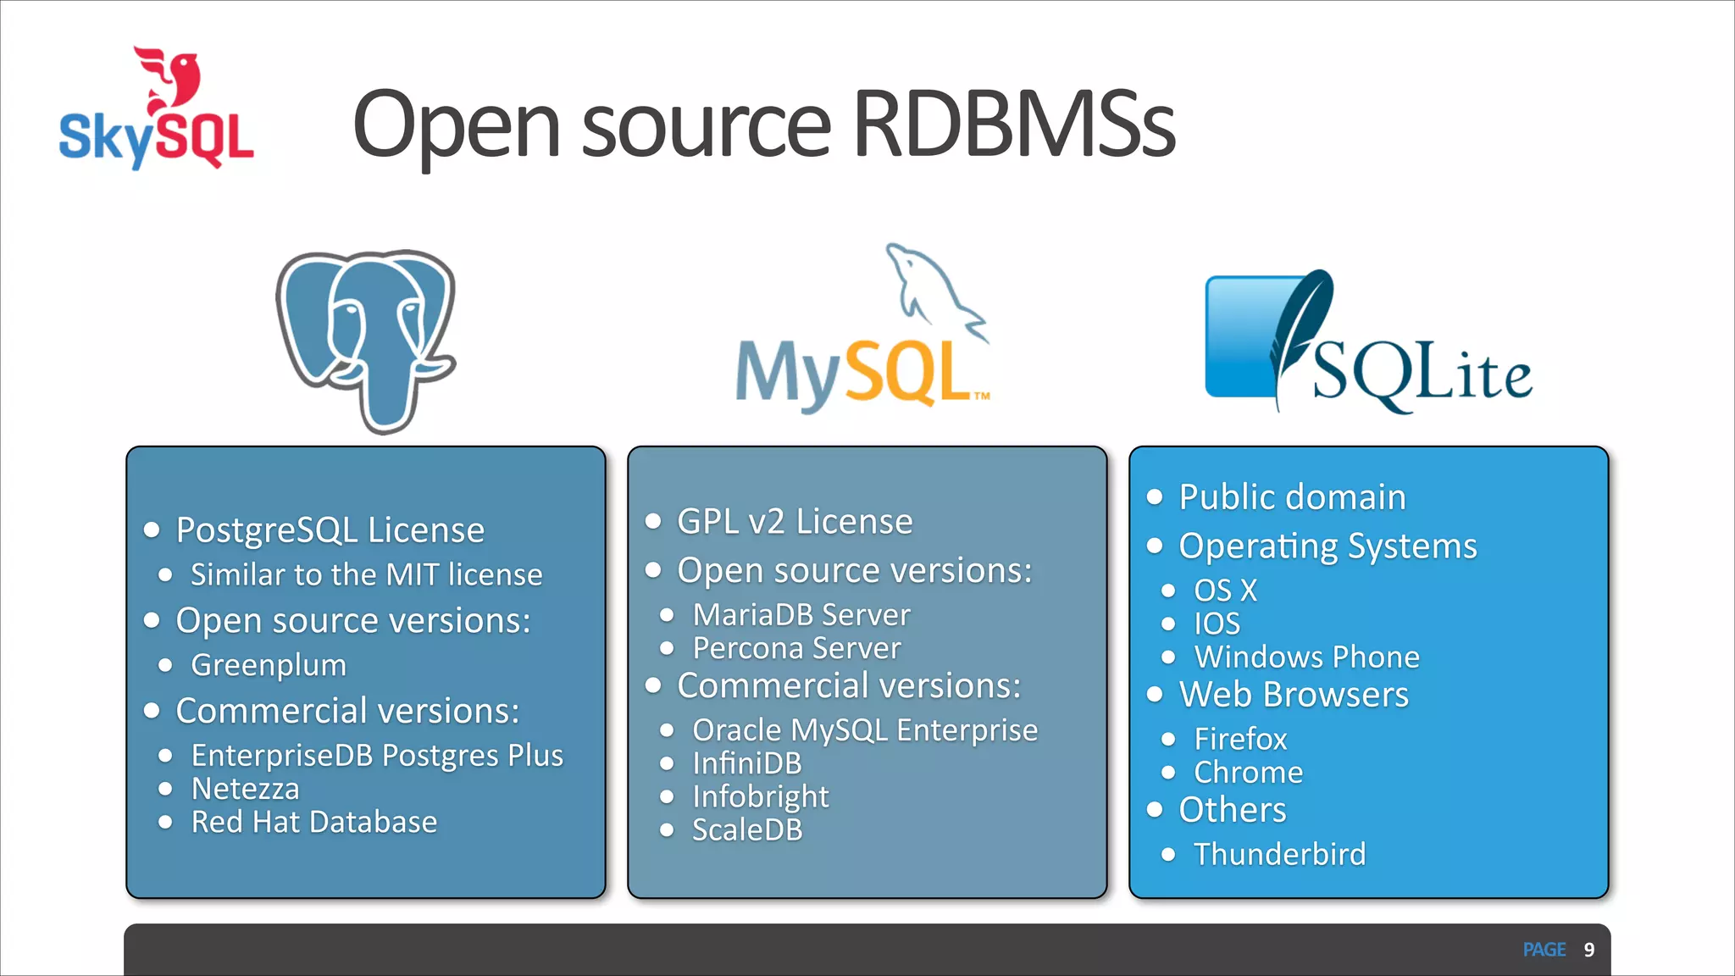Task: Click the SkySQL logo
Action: point(157,110)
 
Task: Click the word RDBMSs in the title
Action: point(1013,125)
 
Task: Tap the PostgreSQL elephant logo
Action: point(366,339)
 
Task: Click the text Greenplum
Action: point(269,665)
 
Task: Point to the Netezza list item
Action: point(245,789)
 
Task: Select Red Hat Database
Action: point(313,822)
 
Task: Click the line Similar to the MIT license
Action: point(366,574)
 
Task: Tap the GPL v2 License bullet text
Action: point(795,521)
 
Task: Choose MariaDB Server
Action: point(801,614)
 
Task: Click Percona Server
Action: point(796,648)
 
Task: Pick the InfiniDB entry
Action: point(746,763)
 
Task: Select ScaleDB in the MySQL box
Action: point(746,829)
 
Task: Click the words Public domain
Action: point(1292,496)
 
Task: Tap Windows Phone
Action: point(1306,657)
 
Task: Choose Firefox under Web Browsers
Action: point(1240,739)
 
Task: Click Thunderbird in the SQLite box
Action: point(1279,854)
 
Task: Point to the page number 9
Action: point(1589,950)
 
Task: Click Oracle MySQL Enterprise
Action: point(864,729)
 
